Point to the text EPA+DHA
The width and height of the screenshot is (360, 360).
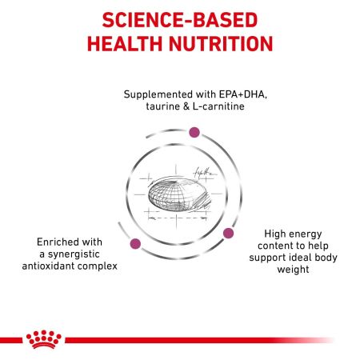pos(229,94)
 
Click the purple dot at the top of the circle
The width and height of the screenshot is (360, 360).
pos(193,132)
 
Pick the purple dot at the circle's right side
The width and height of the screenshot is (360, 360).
pos(227,233)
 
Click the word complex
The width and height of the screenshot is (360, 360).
pos(108,266)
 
